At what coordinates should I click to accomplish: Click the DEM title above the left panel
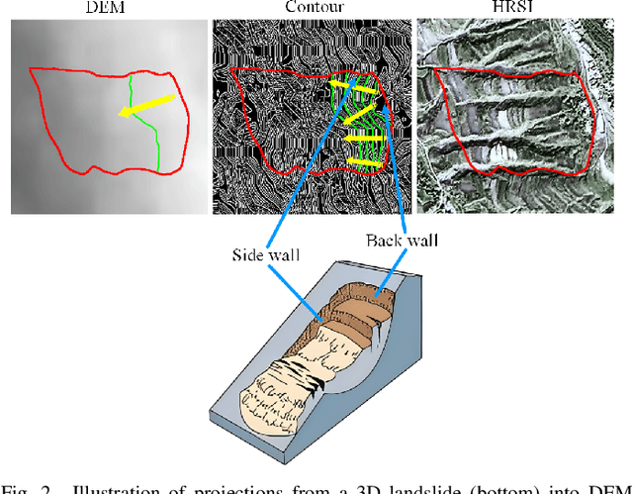pos(105,8)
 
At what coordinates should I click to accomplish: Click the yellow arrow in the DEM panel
pos(146,106)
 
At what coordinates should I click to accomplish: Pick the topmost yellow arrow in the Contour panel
pos(353,89)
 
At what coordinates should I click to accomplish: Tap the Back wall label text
pos(404,240)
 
